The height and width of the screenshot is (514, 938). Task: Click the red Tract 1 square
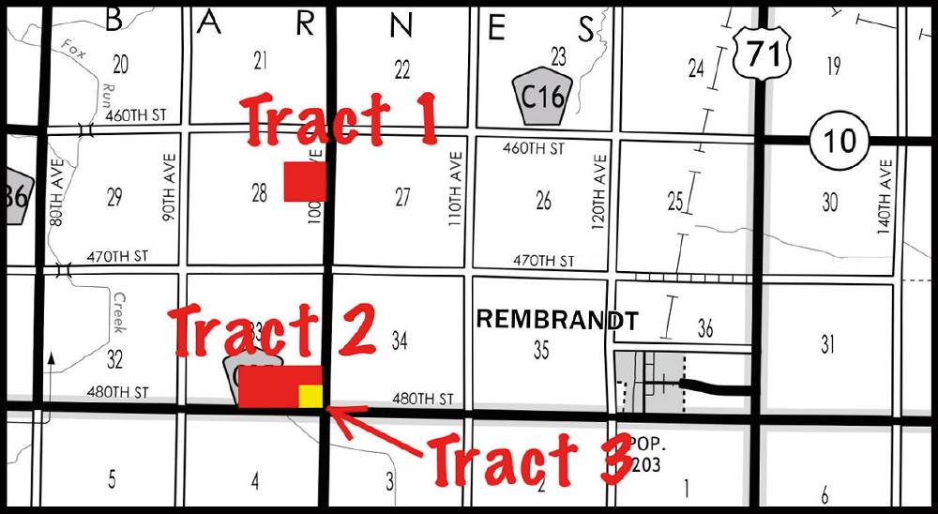click(x=305, y=181)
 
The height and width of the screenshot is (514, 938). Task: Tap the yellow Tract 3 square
click(x=310, y=396)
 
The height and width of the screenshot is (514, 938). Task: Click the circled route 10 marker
click(x=840, y=140)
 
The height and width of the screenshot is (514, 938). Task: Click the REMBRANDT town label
click(x=557, y=320)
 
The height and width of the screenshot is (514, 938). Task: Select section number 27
click(x=402, y=198)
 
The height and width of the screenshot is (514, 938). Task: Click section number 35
click(x=541, y=351)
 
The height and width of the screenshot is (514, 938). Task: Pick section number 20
click(x=120, y=64)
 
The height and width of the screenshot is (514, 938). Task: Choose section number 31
click(x=827, y=344)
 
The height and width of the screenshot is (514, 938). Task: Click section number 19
click(x=833, y=65)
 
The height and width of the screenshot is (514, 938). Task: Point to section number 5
click(x=113, y=480)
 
